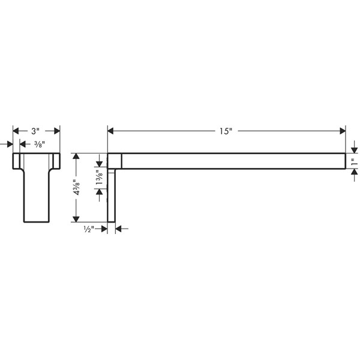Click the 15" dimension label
pos(226,131)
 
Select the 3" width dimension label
pos(35,131)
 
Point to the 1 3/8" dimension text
pos(99,178)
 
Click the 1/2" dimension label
pos(89,229)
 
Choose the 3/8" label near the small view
pos(40,144)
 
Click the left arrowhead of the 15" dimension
pos(110,131)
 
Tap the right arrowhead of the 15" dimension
pos(343,131)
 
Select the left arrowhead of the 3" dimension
pos(16,131)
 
